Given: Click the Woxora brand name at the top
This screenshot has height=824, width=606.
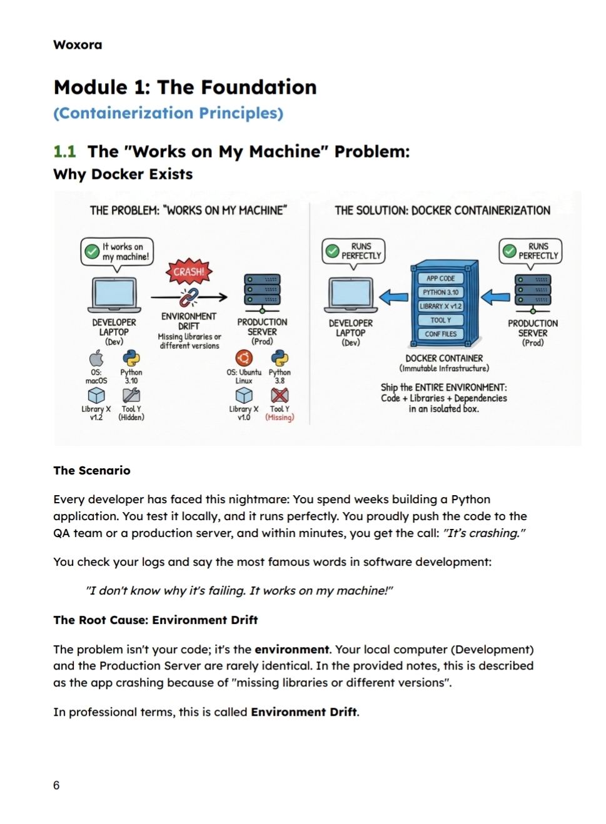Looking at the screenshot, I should pos(78,45).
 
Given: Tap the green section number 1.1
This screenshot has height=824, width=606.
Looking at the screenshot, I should pos(64,152).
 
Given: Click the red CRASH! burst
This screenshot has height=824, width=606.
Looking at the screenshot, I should pos(189,272).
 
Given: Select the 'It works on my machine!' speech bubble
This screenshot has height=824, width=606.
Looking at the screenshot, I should pos(118,251).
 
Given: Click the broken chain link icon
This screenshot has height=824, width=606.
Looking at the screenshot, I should pos(189,297).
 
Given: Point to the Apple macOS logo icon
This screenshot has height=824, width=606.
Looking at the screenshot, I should pos(96,358).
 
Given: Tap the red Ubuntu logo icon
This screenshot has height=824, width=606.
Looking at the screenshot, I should pos(243,358).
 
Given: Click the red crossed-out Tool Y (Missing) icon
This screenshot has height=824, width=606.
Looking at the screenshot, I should pos(280,395).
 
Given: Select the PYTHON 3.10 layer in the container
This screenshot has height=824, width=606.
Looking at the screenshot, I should pos(440,292).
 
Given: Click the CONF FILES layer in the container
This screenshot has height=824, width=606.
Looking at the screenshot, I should pos(440,334).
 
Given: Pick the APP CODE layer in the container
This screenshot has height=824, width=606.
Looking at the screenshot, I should pos(440,278).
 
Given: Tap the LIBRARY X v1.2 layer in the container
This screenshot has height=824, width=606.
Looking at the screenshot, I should pos(440,306).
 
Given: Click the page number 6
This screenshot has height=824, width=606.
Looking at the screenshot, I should pos(56,785).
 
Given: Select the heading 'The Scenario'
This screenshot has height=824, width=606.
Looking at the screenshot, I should pos(92,471).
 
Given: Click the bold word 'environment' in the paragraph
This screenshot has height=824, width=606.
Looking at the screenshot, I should pos(291,650).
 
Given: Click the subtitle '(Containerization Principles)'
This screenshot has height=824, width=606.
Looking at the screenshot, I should pos(168,113).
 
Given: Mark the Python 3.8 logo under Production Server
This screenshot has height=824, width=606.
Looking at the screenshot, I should pos(280,358).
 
